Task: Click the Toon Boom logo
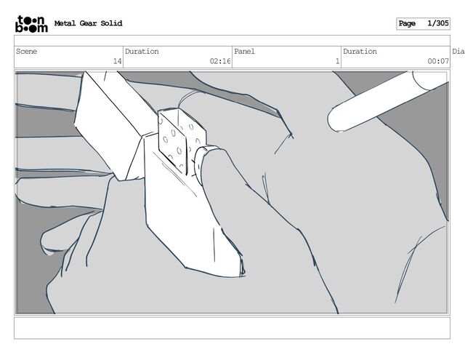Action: coord(31,24)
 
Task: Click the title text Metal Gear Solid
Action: coord(88,23)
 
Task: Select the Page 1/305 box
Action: coord(423,24)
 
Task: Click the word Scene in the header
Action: coord(27,52)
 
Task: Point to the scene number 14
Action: coord(117,62)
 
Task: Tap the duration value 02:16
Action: coord(219,62)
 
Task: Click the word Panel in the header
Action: coord(245,52)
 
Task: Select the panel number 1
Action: coord(337,62)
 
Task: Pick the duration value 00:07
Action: coord(438,62)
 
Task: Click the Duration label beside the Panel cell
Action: coord(360,52)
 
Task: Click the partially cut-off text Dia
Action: coord(458,52)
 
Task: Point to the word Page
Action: coord(407,24)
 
